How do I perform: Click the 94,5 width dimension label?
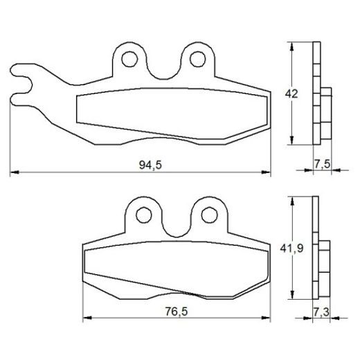(x=150, y=165)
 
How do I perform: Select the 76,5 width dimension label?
(x=177, y=312)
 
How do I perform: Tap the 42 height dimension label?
(x=291, y=93)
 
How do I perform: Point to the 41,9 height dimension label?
(x=291, y=249)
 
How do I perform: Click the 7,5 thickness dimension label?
(x=322, y=164)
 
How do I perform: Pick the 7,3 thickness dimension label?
(x=321, y=312)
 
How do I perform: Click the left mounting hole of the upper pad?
(x=129, y=60)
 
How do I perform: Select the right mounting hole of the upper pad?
(x=197, y=59)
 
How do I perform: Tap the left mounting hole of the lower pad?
(x=144, y=215)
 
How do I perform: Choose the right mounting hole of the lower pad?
(x=210, y=215)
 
